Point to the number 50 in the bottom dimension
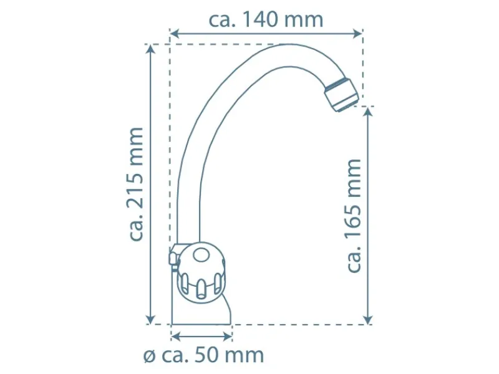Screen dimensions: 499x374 point(206,355)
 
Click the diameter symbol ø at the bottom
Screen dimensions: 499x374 point(149,356)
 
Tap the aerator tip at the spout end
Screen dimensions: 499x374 point(341,95)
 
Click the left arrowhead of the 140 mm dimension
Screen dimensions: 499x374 point(175,33)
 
